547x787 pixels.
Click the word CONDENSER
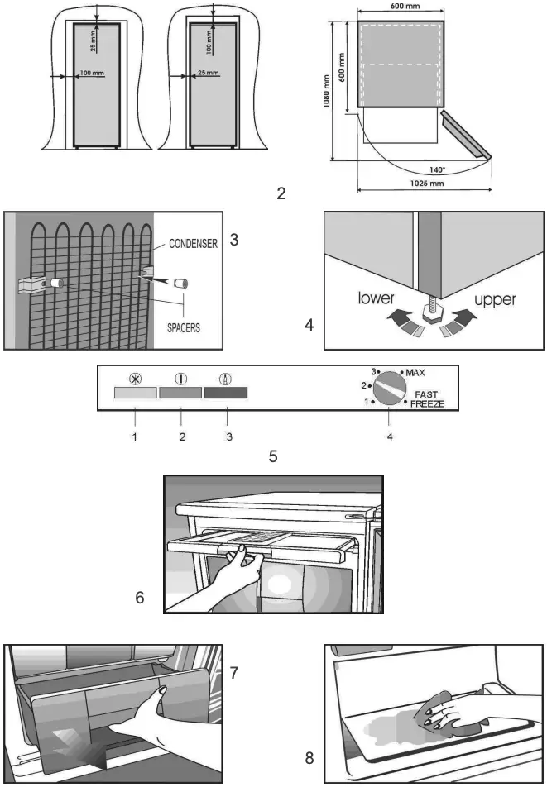click(193, 244)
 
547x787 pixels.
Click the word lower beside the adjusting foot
click(376, 299)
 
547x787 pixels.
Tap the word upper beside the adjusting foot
click(495, 299)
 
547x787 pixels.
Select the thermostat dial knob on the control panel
click(387, 387)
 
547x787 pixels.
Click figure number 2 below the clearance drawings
click(281, 195)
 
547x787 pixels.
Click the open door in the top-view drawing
click(464, 134)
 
